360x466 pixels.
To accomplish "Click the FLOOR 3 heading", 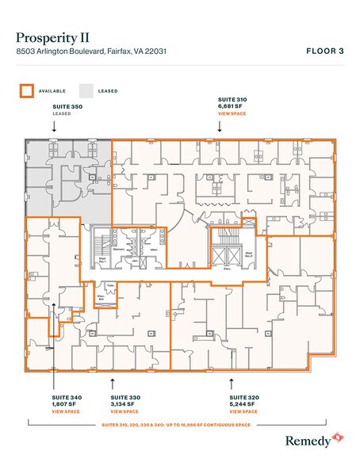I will [325, 51].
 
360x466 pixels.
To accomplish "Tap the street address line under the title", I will [94, 52].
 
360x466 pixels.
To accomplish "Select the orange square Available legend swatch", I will [25, 90].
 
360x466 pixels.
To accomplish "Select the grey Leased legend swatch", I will [86, 90].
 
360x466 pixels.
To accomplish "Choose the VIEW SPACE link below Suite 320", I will [243, 411].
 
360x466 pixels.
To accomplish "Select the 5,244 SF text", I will [241, 403].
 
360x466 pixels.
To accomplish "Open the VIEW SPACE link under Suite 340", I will [64, 411].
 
